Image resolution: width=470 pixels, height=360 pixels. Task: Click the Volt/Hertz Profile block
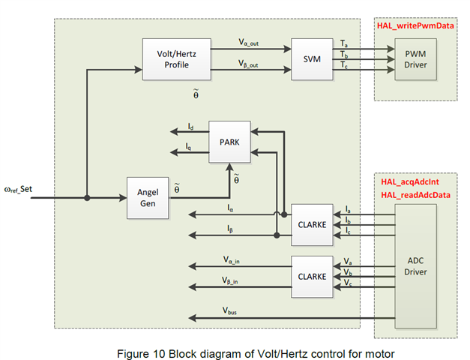tap(172, 59)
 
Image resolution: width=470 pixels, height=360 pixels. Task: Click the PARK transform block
tap(230, 140)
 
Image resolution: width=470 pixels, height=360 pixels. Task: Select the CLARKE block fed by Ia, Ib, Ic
tap(313, 223)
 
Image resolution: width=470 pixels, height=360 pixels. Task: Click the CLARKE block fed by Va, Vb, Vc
tap(313, 275)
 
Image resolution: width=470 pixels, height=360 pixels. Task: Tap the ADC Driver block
tap(415, 266)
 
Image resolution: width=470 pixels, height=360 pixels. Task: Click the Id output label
tap(190, 127)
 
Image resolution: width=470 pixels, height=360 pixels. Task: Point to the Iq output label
tap(190, 147)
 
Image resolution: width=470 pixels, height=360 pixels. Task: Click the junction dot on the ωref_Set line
tap(87, 199)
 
